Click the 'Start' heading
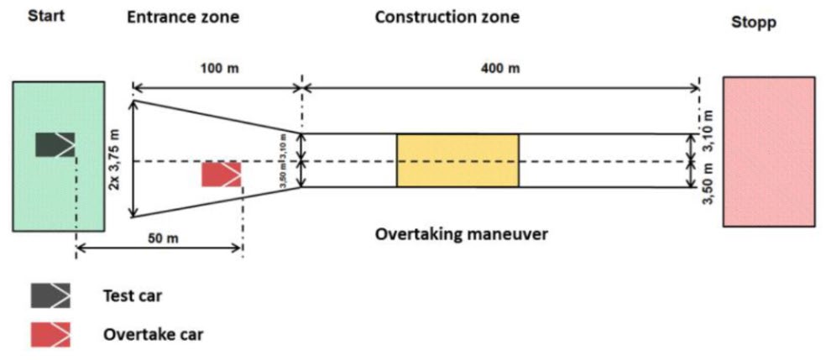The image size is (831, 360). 46,16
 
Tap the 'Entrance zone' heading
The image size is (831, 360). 183,17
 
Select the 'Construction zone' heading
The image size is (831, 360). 447,17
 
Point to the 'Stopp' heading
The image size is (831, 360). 753,23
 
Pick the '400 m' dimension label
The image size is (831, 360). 502,68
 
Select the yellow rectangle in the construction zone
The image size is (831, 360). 457,160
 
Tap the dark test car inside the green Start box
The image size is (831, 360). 55,144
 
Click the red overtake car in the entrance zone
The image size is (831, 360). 221,175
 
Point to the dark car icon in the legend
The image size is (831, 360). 50,295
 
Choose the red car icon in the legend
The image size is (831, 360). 50,334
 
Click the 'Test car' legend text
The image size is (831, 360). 133,295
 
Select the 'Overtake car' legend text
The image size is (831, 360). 153,334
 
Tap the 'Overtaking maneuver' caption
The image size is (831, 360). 462,234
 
